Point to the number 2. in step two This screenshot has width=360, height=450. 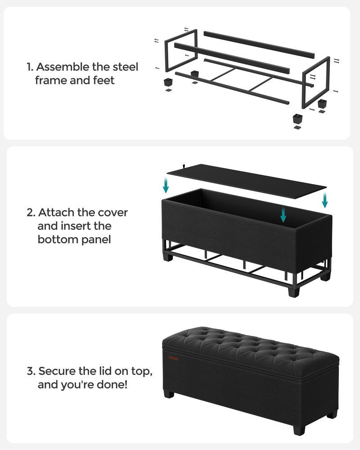pos(31,212)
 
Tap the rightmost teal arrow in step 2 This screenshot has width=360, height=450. pos(324,199)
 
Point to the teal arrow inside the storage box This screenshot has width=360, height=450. pos(283,214)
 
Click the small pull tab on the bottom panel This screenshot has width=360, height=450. pos(184,167)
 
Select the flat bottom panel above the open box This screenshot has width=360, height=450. pos(247,180)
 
